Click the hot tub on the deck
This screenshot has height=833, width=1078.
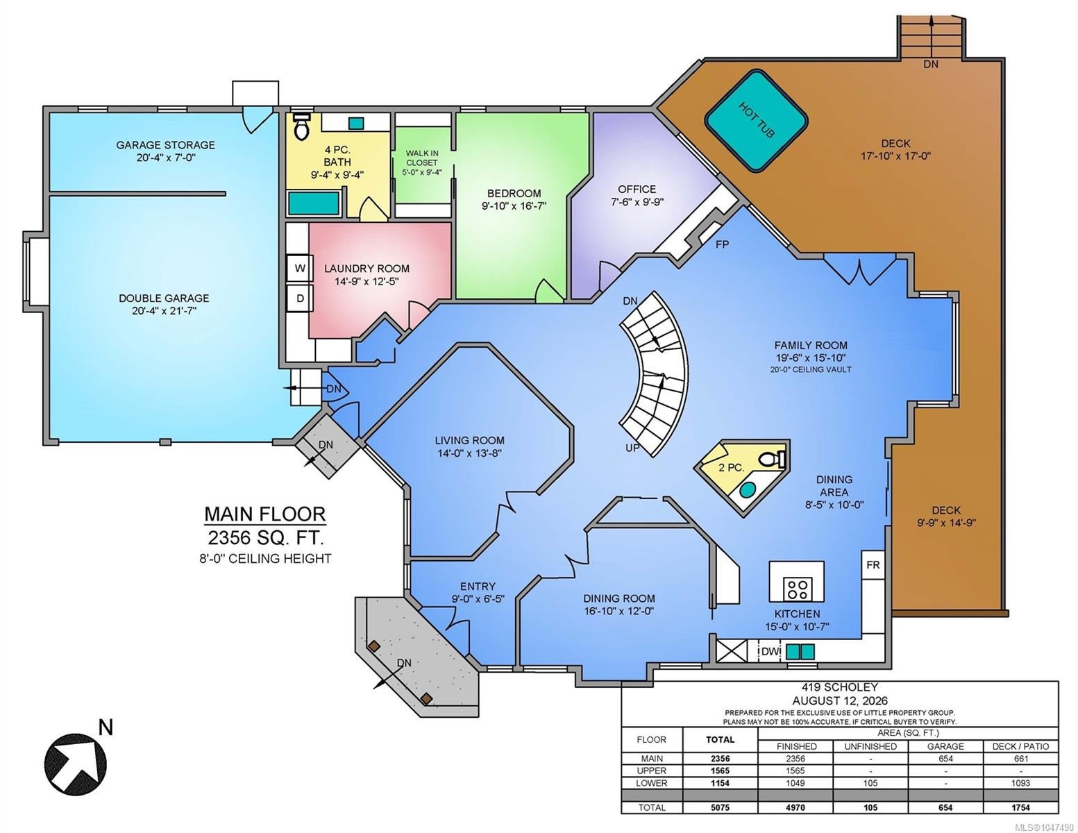coord(756,121)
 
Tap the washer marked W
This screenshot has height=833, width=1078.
coord(300,269)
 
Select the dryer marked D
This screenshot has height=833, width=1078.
coord(300,298)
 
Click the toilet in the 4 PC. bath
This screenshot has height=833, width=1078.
coord(301,126)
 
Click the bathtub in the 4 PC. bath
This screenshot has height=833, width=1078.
coord(314,203)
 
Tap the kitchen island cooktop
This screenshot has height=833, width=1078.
coord(797,589)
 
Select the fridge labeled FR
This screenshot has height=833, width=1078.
coord(873,564)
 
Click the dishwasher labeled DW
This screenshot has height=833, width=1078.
coord(770,651)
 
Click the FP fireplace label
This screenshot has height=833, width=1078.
coord(722,244)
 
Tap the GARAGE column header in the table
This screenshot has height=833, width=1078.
coord(945,746)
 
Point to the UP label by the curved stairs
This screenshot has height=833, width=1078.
coord(632,448)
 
